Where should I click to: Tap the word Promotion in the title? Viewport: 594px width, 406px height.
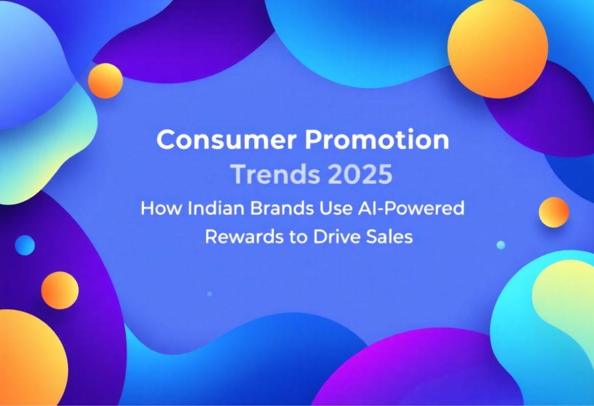tap(377, 140)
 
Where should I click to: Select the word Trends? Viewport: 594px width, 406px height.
tap(276, 174)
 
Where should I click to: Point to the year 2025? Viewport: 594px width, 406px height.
tap(360, 174)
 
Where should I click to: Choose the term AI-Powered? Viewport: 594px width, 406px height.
tap(411, 208)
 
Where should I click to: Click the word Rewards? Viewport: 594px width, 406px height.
tap(244, 237)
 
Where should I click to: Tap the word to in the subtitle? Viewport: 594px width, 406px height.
tap(298, 237)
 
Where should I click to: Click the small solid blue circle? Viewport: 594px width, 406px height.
tap(24, 245)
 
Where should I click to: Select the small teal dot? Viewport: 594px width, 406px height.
tap(501, 245)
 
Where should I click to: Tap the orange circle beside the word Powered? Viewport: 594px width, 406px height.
tap(553, 212)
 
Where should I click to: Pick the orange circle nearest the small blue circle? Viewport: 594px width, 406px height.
tap(60, 290)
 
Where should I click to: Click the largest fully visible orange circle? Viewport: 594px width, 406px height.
tap(498, 48)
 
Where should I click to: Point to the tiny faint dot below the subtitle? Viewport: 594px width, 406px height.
tap(210, 294)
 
